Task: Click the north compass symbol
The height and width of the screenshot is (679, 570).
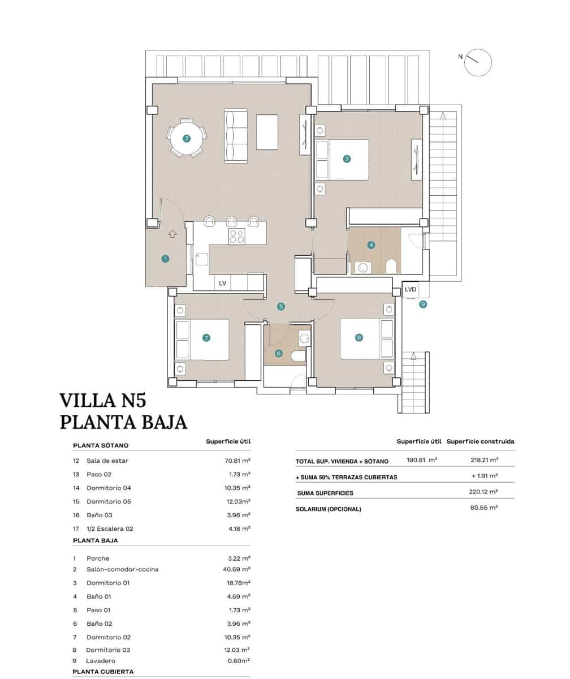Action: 478,62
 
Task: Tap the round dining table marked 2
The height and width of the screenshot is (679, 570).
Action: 187,138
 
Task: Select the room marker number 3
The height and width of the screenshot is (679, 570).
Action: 347,159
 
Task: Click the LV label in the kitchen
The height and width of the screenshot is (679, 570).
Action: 222,283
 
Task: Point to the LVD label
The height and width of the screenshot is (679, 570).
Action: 411,290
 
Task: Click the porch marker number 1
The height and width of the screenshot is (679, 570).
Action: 165,259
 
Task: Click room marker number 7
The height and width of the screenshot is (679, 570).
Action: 206,338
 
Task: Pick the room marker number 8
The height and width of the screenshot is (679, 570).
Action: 359,338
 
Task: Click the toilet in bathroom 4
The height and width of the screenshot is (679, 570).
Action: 391,265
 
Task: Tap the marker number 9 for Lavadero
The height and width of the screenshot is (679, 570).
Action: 422,304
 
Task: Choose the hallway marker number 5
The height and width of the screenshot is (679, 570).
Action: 281,307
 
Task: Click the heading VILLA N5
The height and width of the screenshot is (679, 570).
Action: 103,401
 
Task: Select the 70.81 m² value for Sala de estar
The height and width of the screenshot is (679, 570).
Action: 237,461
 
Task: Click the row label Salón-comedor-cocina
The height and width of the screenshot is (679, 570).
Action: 122,569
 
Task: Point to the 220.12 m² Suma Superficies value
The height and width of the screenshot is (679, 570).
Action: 483,492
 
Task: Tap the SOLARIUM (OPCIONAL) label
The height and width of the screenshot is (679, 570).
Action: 328,509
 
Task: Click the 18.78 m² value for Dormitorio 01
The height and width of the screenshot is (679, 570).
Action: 237,583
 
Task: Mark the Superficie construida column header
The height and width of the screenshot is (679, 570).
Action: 480,441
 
